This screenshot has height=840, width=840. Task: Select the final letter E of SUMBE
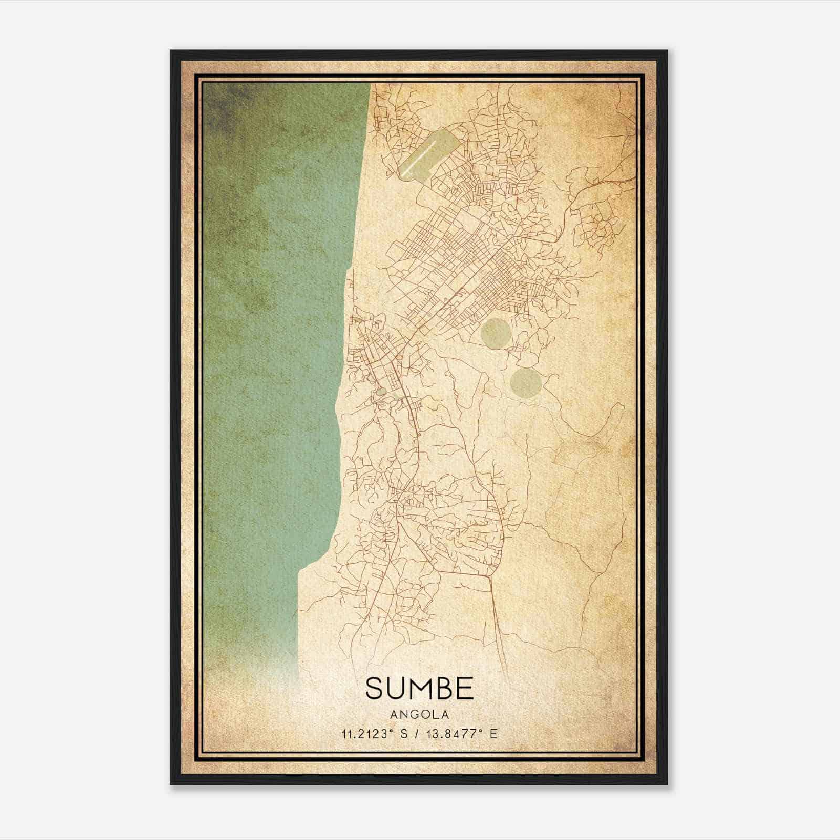tap(464, 688)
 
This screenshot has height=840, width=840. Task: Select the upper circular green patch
tap(495, 331)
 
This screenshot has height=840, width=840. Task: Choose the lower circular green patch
tap(526, 382)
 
